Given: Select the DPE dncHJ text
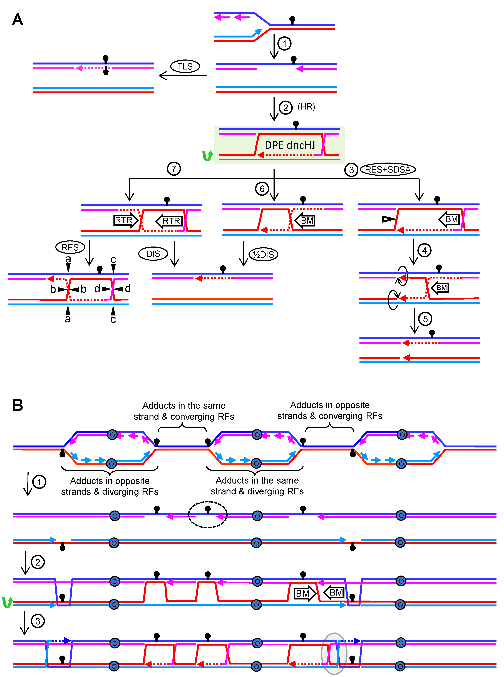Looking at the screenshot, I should pyautogui.click(x=290, y=145).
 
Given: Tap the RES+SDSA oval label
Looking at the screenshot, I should pyautogui.click(x=388, y=169).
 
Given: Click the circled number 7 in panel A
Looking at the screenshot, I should pyautogui.click(x=174, y=169).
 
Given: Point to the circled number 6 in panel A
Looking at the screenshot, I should pyautogui.click(x=262, y=189).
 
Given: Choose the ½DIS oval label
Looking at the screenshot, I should pyautogui.click(x=264, y=254).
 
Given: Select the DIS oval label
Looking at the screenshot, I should pyautogui.click(x=153, y=254).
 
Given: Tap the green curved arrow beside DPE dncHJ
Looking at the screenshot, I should pyautogui.click(x=207, y=156).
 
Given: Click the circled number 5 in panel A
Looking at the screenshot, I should pyautogui.click(x=425, y=319).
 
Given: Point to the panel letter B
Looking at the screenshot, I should pyautogui.click(x=18, y=405).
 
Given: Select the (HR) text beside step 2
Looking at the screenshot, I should pyautogui.click(x=306, y=107).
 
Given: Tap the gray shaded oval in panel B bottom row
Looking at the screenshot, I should pyautogui.click(x=334, y=653).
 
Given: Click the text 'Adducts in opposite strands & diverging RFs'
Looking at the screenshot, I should pyautogui.click(x=110, y=486).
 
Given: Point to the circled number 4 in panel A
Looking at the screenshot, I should pyautogui.click(x=424, y=251).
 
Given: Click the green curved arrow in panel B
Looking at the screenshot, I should pyautogui.click(x=7, y=602).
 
